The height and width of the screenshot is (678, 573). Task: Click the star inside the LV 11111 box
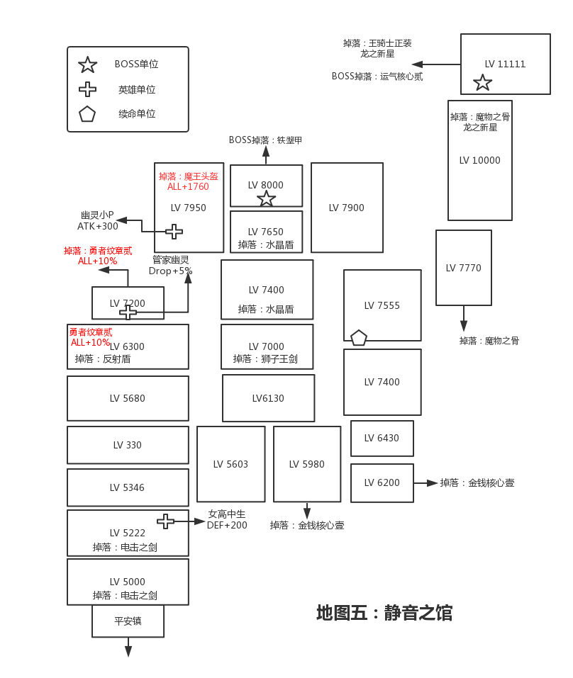[482, 83]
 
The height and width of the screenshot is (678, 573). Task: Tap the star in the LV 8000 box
[266, 198]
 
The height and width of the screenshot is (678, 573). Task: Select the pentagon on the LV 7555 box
[359, 338]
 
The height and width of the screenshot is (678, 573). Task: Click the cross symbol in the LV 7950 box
[174, 232]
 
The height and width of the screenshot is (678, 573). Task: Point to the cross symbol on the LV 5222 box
[165, 521]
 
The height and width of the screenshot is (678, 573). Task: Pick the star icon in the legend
[87, 65]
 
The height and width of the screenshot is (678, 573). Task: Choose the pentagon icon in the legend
[87, 114]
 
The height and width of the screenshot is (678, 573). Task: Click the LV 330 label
[128, 445]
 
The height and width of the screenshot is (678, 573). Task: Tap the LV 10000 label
[479, 160]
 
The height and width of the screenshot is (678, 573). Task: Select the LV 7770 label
[463, 268]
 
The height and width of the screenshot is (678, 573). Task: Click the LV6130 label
[268, 398]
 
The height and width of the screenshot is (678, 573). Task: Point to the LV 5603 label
[230, 464]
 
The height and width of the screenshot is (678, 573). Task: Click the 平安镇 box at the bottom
[128, 621]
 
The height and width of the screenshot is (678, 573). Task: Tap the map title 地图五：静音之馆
[384, 612]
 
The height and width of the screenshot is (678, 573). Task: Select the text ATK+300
[98, 226]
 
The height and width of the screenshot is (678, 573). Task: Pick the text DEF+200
[227, 525]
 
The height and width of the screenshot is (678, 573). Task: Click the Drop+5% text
[170, 271]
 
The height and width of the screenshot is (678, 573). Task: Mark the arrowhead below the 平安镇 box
[128, 650]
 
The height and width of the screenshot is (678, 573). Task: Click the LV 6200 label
[382, 482]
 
